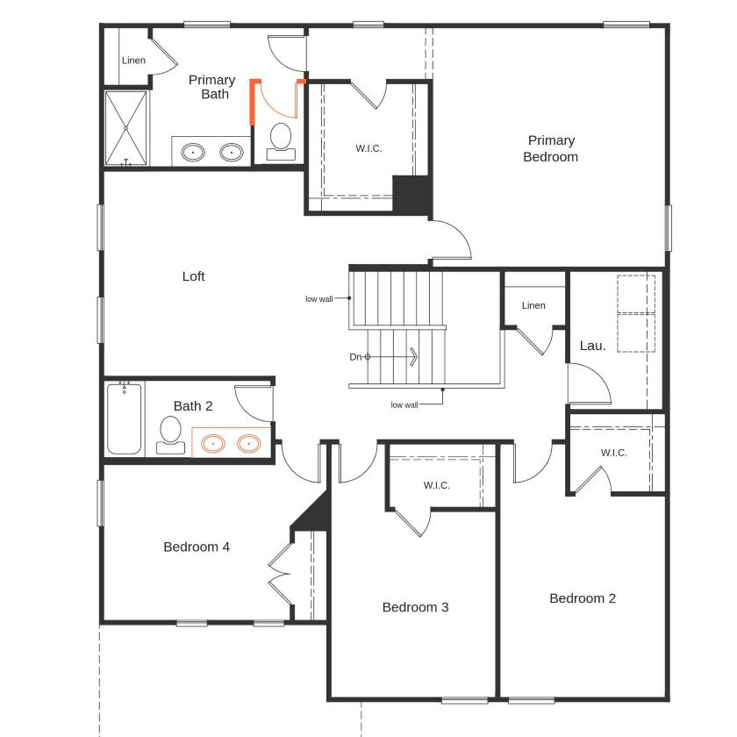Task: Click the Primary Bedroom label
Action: tap(551, 148)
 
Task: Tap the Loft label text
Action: tap(193, 276)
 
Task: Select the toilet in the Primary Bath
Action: tap(281, 141)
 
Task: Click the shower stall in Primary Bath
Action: tap(128, 128)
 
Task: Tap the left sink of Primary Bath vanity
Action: tap(194, 153)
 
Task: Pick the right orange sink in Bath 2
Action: tap(250, 444)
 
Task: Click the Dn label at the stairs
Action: tap(355, 357)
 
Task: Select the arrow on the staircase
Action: tap(413, 357)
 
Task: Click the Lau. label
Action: tap(593, 346)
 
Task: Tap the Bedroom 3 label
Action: tap(415, 607)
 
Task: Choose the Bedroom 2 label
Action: tap(583, 598)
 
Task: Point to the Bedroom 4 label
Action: tap(197, 547)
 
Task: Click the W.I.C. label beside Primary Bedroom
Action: tap(368, 147)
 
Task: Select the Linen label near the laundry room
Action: tap(533, 305)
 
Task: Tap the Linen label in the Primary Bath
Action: tap(134, 61)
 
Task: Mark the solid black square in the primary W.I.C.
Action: tap(411, 194)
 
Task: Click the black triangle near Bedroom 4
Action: tap(314, 514)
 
